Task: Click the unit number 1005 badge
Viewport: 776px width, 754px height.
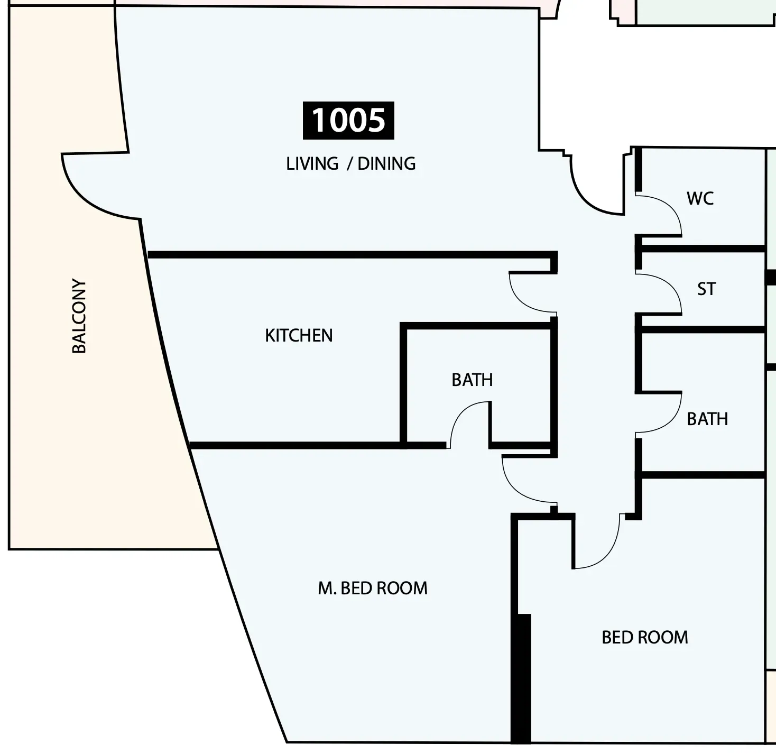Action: tap(348, 121)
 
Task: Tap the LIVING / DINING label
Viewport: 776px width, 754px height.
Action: tap(350, 164)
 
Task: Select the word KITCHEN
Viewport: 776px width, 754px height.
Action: tap(299, 335)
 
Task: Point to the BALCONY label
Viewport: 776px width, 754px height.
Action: tap(79, 316)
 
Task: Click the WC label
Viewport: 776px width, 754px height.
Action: tap(700, 198)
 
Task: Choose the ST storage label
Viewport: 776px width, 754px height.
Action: tap(706, 289)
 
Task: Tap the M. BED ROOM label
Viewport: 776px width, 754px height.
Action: tap(373, 588)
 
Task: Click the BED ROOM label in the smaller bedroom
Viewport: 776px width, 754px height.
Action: tap(645, 637)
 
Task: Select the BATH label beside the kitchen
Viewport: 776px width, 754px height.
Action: tap(472, 380)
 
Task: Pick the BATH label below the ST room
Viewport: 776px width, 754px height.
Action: tap(707, 419)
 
